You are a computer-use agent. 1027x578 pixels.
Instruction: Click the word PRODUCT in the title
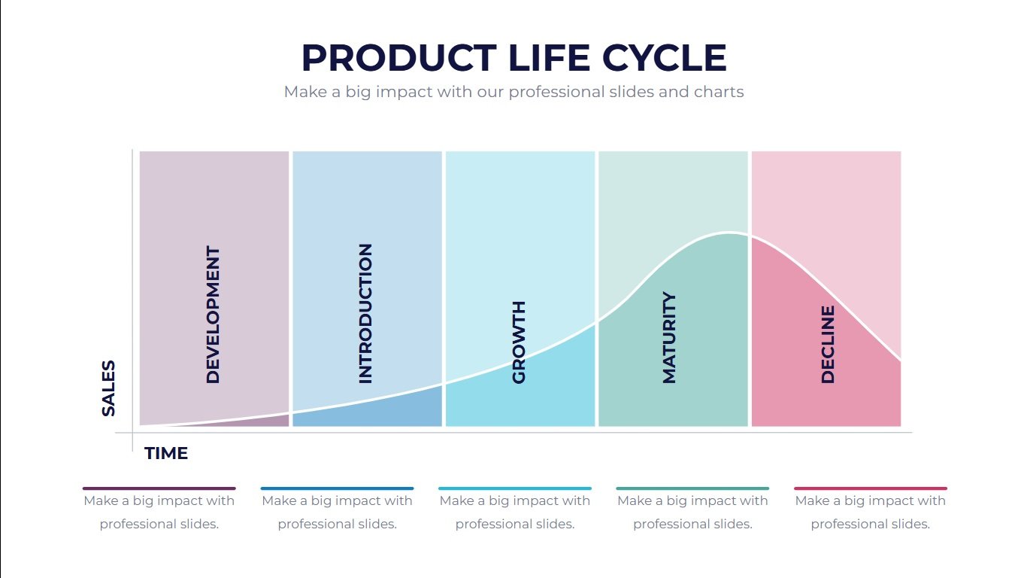click(x=399, y=58)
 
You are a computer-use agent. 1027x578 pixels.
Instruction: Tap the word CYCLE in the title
click(x=665, y=58)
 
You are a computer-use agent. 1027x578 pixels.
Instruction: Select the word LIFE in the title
click(x=550, y=58)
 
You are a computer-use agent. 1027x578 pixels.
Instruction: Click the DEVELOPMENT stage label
click(x=214, y=315)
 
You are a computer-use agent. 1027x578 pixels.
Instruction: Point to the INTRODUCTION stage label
click(x=365, y=314)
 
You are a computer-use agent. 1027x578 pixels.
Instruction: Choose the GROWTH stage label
click(x=519, y=342)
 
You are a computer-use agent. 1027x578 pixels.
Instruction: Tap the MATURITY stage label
click(x=669, y=337)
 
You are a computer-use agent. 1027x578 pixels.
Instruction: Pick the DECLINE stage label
click(x=828, y=345)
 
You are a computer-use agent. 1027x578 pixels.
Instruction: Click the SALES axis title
click(x=108, y=388)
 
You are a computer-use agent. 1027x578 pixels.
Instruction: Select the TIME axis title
click(x=166, y=453)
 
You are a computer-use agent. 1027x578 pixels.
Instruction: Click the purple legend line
click(x=159, y=488)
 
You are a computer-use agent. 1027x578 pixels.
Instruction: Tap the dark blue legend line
click(x=337, y=488)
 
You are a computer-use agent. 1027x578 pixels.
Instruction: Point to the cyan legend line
click(x=515, y=488)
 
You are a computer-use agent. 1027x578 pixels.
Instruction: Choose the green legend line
click(x=692, y=488)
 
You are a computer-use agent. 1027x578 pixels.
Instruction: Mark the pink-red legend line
click(x=871, y=488)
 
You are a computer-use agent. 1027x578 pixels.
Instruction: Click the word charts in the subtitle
click(x=719, y=92)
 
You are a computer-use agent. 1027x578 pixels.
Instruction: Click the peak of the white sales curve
click(x=728, y=233)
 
